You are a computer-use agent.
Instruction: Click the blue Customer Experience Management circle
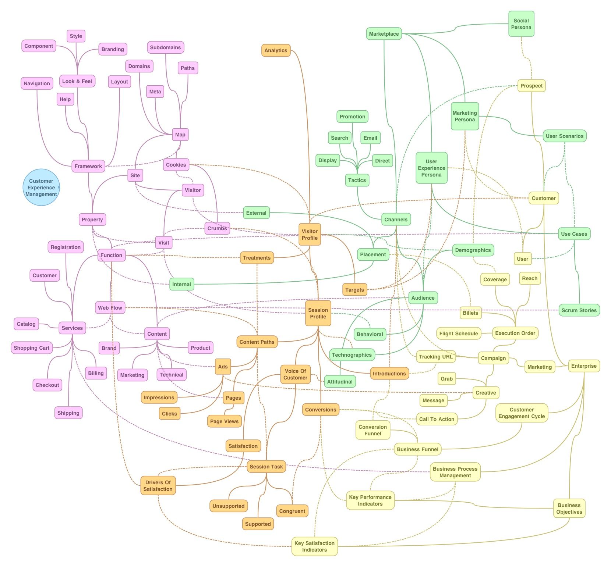[x=41, y=188]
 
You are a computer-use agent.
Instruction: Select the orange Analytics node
[x=276, y=50]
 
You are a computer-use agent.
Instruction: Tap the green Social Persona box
[x=521, y=24]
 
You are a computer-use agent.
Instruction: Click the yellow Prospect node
[x=531, y=86]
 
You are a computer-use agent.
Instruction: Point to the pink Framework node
[x=88, y=166]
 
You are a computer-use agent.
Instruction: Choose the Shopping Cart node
[x=32, y=348]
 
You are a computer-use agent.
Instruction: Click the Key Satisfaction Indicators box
[x=314, y=546]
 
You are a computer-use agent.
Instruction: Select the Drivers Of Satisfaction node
[x=158, y=486]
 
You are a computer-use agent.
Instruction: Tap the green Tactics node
[x=357, y=180]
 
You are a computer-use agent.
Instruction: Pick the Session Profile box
[x=318, y=313]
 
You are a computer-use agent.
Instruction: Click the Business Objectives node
[x=569, y=509]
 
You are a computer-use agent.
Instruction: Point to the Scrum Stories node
[x=579, y=310]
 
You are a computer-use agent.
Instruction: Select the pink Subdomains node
[x=165, y=47]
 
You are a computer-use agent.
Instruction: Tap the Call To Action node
[x=437, y=419]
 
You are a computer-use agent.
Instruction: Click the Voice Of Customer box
[x=295, y=374]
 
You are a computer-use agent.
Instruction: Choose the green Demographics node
[x=473, y=250]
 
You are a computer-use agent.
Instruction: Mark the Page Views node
[x=224, y=421]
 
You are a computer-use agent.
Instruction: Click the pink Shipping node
[x=68, y=413]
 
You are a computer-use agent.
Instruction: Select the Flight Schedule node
[x=458, y=334]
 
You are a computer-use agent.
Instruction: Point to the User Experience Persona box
[x=431, y=168]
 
